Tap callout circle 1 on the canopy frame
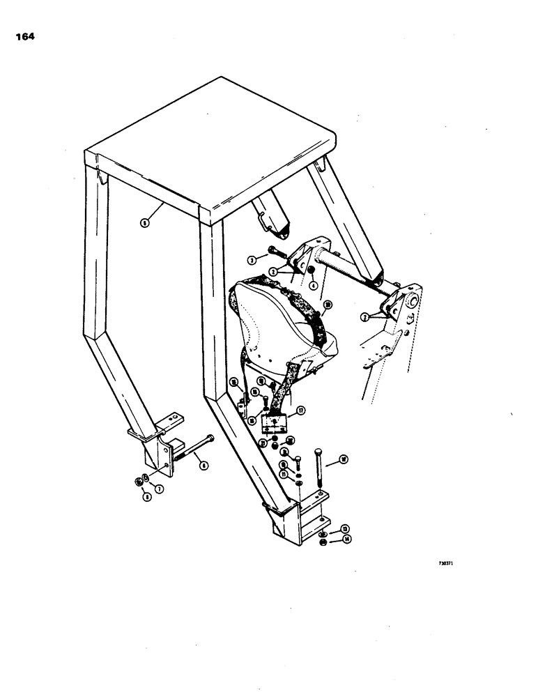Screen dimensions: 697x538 coord(144,222)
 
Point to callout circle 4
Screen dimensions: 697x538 coord(314,284)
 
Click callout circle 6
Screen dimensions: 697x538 coord(203,466)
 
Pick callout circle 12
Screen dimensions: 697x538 coord(343,459)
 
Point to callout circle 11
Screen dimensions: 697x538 coord(284,473)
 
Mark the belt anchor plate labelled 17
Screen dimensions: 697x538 coord(274,424)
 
